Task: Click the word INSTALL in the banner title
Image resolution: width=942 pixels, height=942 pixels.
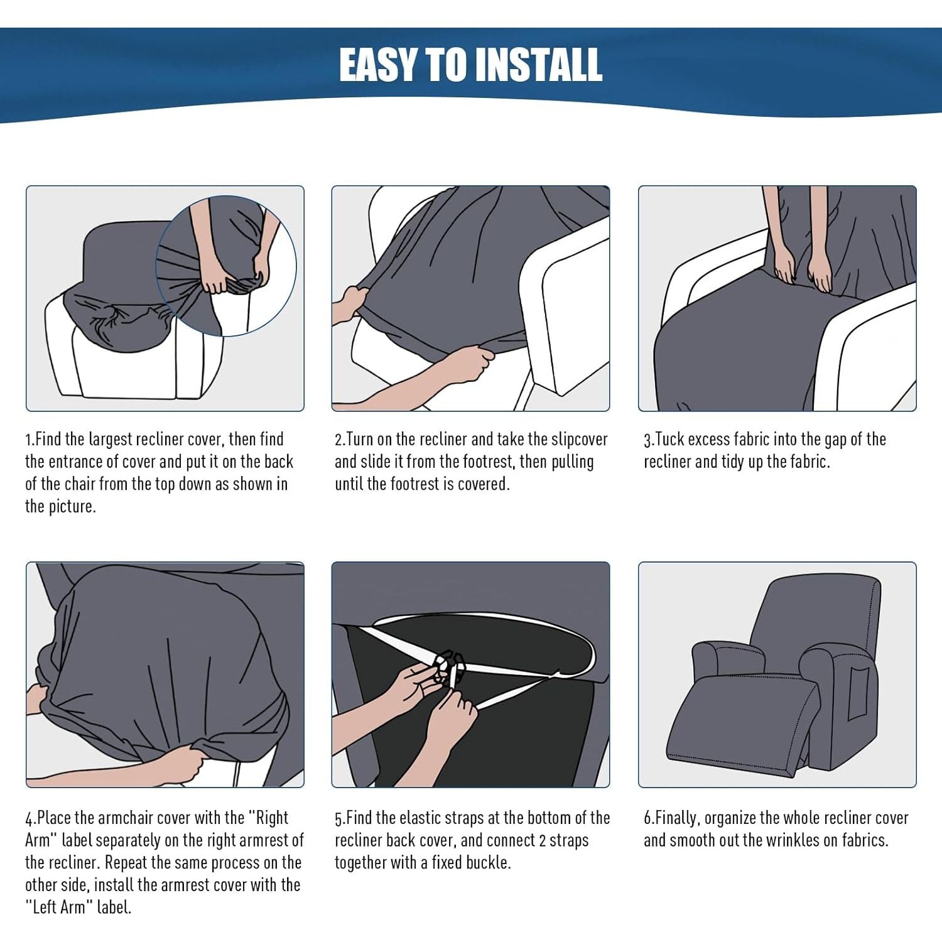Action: click(539, 65)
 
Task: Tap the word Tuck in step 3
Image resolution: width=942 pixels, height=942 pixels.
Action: click(669, 440)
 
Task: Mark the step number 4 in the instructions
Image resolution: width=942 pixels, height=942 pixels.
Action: click(29, 819)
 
